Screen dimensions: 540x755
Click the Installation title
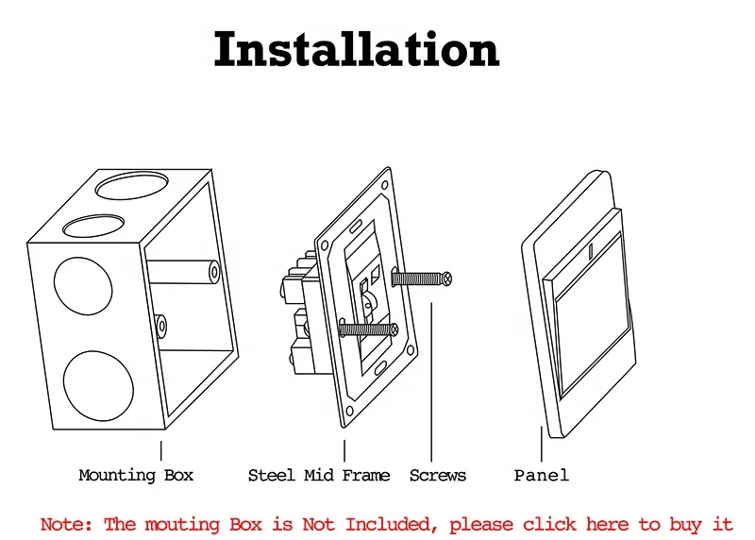click(x=356, y=50)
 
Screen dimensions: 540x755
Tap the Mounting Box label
click(x=136, y=475)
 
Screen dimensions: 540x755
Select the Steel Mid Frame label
click(x=318, y=475)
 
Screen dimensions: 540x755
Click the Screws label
click(x=437, y=475)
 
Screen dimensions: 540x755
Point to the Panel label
click(x=541, y=475)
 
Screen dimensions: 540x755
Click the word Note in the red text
click(x=66, y=524)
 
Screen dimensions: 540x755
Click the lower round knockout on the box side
click(x=97, y=386)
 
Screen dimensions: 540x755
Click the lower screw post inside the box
click(x=162, y=327)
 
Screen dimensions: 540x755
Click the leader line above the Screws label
click(x=431, y=378)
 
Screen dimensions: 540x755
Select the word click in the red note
click(x=550, y=524)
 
